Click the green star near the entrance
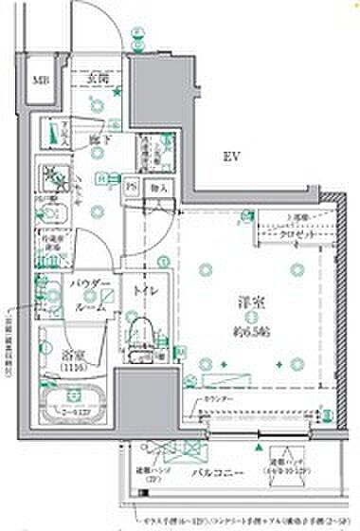point(117,92)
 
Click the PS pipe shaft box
point(135,188)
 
